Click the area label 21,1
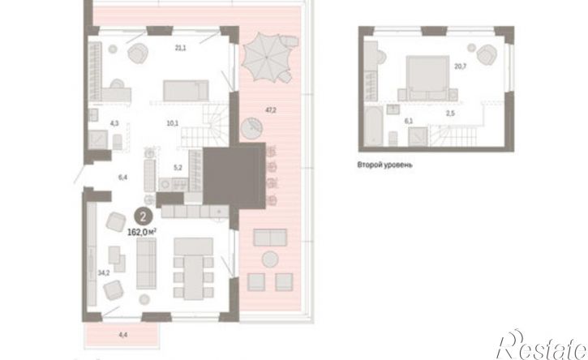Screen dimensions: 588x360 click(x=180, y=48)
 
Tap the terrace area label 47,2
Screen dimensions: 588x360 click(x=271, y=110)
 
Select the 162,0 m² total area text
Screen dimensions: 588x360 click(x=142, y=232)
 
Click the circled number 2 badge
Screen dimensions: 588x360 click(x=144, y=216)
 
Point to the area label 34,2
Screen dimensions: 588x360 click(x=104, y=273)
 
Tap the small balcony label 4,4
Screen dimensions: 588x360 click(x=123, y=335)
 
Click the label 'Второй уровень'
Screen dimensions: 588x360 click(x=384, y=165)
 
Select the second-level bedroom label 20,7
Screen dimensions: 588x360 click(x=461, y=66)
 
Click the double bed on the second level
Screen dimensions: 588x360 click(x=427, y=78)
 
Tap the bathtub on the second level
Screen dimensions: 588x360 click(x=374, y=126)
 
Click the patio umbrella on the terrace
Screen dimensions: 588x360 click(x=267, y=58)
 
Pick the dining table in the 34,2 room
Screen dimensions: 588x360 click(x=194, y=277)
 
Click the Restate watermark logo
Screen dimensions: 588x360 click(x=542, y=345)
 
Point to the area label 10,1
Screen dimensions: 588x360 click(x=173, y=122)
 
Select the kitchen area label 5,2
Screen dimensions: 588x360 click(x=178, y=168)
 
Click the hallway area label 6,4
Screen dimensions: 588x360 click(x=122, y=178)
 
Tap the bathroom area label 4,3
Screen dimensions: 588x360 click(x=114, y=123)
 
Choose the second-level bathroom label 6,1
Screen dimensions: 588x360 click(x=409, y=121)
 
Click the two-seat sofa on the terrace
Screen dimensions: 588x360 click(x=270, y=238)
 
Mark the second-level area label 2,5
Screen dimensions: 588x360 click(x=450, y=114)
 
